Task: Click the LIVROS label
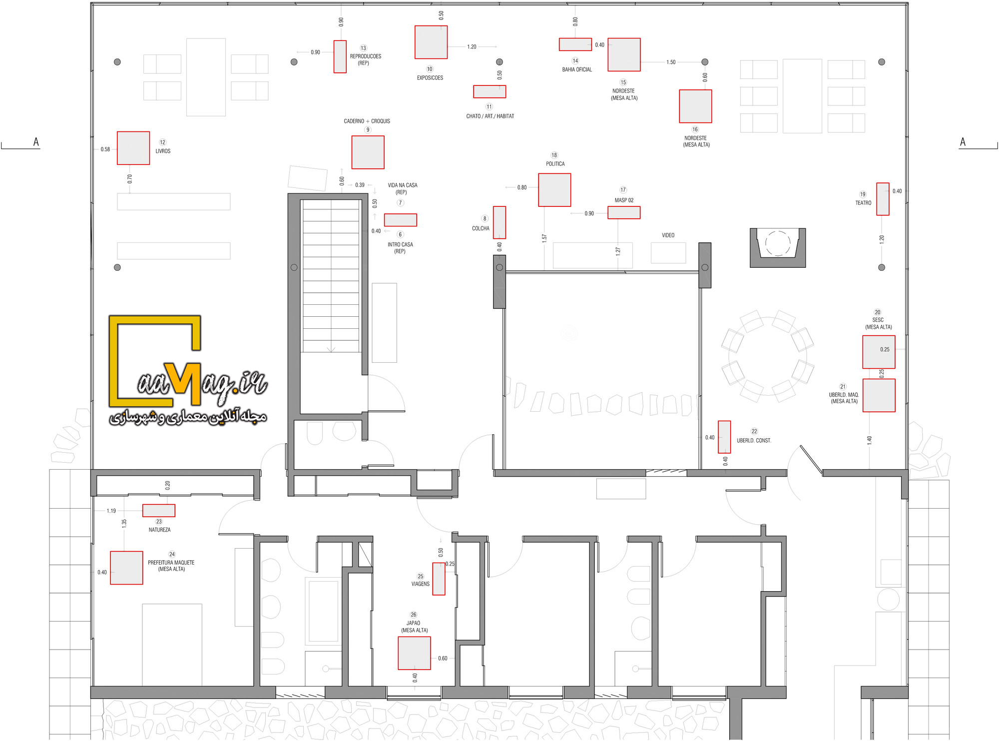click(163, 151)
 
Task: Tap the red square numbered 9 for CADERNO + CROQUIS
click(368, 152)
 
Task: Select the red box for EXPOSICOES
click(431, 42)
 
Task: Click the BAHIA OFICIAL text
click(577, 69)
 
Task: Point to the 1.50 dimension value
click(671, 62)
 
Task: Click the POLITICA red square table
click(554, 190)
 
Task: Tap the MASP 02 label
click(624, 200)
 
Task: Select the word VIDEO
click(668, 235)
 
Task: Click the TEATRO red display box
click(883, 199)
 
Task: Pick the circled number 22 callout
click(754, 431)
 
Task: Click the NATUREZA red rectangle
click(159, 510)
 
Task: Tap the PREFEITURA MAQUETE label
click(171, 562)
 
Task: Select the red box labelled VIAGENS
click(439, 579)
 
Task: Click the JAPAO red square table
click(414, 653)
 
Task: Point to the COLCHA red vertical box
click(499, 222)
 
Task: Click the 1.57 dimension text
click(544, 238)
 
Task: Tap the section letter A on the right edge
click(963, 142)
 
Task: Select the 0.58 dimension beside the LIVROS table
click(105, 149)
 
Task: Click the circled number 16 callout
click(695, 129)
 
